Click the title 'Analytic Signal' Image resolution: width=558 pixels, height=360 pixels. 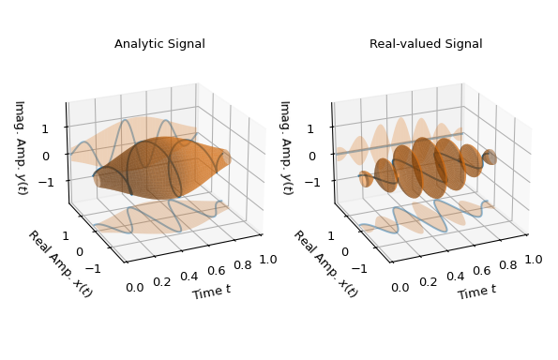[159, 44]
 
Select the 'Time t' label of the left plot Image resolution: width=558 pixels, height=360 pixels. [211, 292]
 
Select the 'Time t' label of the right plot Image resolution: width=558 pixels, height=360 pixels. [477, 292]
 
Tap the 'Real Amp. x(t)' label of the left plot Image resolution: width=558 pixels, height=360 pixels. [60, 263]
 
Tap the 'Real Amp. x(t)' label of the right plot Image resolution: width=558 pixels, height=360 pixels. [325, 263]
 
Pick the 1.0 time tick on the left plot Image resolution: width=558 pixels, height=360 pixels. [269, 258]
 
